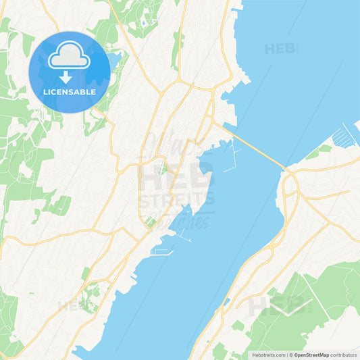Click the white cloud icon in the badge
click(69, 58)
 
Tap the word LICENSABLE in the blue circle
click(69, 92)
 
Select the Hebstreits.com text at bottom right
click(267, 354)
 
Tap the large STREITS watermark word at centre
click(177, 199)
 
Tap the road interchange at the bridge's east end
click(290, 182)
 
